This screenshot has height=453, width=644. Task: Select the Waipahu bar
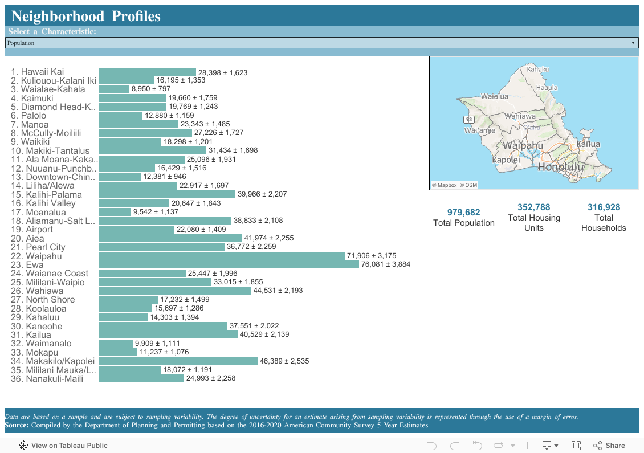tap(221, 256)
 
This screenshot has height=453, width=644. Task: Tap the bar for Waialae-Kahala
tap(114, 89)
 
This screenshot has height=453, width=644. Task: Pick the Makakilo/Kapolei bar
tap(178, 361)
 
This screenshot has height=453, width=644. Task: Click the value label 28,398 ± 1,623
tap(222, 72)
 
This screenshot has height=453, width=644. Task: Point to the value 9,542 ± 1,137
tap(156, 212)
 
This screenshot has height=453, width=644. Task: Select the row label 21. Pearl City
tap(38, 247)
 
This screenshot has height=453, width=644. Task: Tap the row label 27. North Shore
tap(42, 300)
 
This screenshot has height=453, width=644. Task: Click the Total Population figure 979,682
tap(463, 213)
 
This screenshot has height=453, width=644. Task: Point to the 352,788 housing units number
tap(533, 207)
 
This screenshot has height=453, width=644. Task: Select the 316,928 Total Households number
tap(604, 207)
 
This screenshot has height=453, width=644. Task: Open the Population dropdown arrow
tap(633, 43)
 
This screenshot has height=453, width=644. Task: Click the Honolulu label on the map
tap(561, 167)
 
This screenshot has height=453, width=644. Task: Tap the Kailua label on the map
tap(588, 144)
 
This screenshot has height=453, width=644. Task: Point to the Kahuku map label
tap(537, 69)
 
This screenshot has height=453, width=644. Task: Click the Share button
tap(609, 446)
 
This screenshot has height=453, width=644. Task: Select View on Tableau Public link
tap(63, 446)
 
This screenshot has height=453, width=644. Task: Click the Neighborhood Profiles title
tap(85, 17)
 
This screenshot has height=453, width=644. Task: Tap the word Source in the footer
tap(17, 425)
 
